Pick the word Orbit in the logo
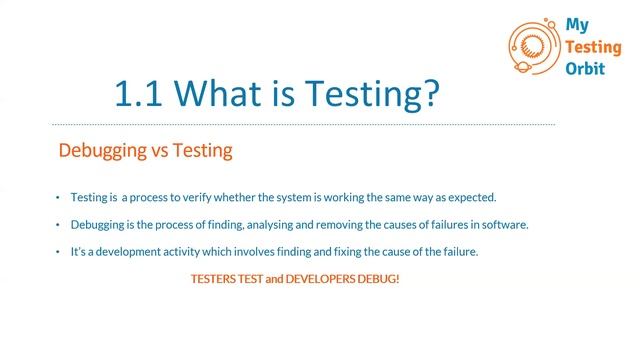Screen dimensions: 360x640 click(x=585, y=66)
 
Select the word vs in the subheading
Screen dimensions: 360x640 click(x=165, y=152)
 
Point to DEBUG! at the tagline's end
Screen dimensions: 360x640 click(x=379, y=279)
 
